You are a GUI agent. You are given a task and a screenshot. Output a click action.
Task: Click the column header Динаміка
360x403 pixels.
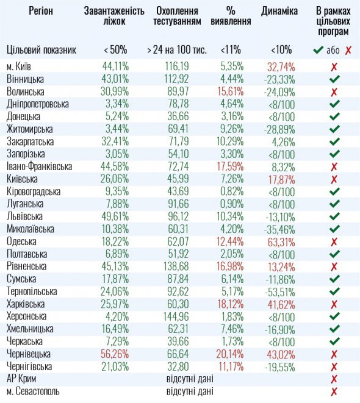[x=279, y=11]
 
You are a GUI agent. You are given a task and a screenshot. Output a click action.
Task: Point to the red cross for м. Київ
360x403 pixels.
[x=333, y=66]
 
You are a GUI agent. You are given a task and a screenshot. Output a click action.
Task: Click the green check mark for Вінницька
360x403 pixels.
[x=333, y=79]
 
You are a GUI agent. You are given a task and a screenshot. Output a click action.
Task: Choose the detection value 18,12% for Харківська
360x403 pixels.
[x=234, y=304]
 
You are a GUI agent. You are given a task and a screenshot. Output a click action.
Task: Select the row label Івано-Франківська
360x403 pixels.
[x=39, y=166]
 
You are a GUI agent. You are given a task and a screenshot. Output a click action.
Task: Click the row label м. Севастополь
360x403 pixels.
[x=36, y=391]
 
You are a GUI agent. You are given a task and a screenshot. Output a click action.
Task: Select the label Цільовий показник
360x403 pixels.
[x=41, y=50]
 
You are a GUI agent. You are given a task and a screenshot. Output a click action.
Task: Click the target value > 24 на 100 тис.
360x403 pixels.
[x=178, y=50]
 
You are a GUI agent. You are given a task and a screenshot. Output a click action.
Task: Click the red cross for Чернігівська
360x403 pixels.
[x=333, y=366]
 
